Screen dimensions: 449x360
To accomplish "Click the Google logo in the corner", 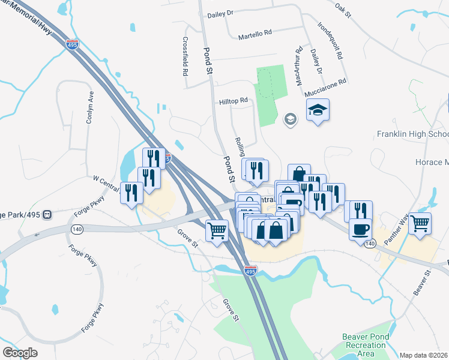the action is point(20,353).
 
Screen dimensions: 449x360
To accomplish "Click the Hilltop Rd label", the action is point(233,101).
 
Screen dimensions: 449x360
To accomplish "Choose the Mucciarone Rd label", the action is point(325,88).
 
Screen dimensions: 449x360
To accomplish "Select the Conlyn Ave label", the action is point(89,107).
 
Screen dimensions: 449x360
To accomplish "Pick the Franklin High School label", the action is point(413,134).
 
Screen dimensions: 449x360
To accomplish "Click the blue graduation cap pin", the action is point(318,110).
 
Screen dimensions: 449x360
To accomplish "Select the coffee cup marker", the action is point(360,230).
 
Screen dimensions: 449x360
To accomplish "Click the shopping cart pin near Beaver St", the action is point(420,223).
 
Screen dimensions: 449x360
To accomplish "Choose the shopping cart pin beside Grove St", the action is point(217,230).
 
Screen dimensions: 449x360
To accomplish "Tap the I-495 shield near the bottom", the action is point(251,272).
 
